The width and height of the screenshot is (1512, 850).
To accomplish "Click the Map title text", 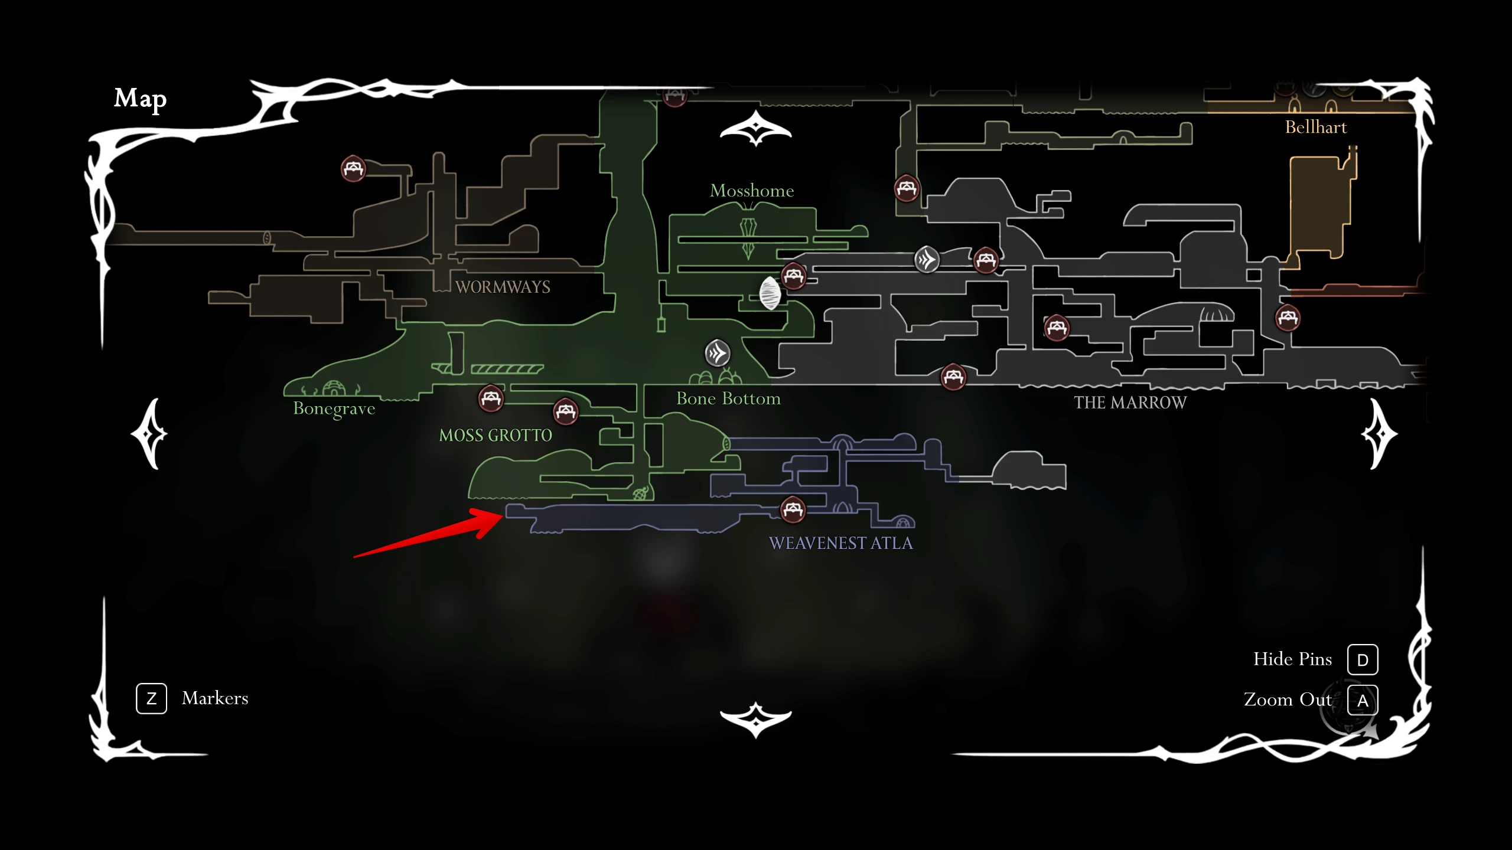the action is (x=140, y=99).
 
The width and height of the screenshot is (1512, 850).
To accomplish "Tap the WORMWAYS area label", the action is (x=503, y=287).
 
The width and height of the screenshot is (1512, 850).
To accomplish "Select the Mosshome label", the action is (x=752, y=191).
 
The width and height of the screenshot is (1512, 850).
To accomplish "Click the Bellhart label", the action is (x=1316, y=127).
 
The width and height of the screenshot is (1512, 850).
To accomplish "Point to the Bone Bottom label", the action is (x=728, y=398).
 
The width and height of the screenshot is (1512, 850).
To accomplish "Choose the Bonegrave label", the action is (x=334, y=408).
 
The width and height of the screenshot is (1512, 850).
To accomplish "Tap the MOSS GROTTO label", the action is (x=496, y=436).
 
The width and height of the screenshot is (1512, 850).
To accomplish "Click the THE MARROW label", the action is (x=1130, y=403).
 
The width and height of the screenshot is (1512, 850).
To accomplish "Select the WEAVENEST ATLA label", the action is (x=840, y=543).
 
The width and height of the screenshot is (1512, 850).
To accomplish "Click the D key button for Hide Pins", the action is (x=1363, y=659).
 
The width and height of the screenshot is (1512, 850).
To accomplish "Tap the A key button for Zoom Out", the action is (x=1363, y=700).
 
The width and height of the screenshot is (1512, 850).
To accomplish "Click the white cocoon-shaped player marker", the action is (x=770, y=293).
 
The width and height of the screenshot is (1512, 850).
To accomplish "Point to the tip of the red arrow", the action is (x=504, y=515).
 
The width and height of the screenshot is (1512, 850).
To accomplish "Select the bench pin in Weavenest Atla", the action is (x=793, y=509).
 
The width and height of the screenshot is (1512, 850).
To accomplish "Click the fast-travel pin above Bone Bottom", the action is (x=718, y=354).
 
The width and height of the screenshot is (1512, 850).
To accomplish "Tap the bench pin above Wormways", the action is (x=353, y=169).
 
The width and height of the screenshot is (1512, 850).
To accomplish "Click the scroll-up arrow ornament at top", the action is (x=755, y=128).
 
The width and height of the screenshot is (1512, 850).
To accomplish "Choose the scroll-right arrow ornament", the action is (x=1379, y=434).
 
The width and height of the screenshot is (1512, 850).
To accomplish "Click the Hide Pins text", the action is (x=1292, y=659).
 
